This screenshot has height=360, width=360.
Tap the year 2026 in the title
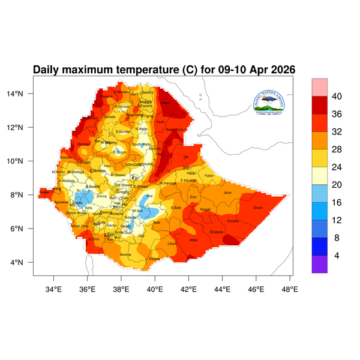pos(280,70)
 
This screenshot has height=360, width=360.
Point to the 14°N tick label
pos(22,94)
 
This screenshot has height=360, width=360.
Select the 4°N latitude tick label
pos(24,263)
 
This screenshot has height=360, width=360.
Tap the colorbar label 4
pos(336,255)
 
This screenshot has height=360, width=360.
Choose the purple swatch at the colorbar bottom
pos(319,265)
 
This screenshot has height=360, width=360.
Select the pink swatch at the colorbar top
pos(319,86)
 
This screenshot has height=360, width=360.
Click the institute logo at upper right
pos(273,103)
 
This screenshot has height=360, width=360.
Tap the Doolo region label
pos(258,208)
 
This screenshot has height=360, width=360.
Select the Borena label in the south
pos(125,254)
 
